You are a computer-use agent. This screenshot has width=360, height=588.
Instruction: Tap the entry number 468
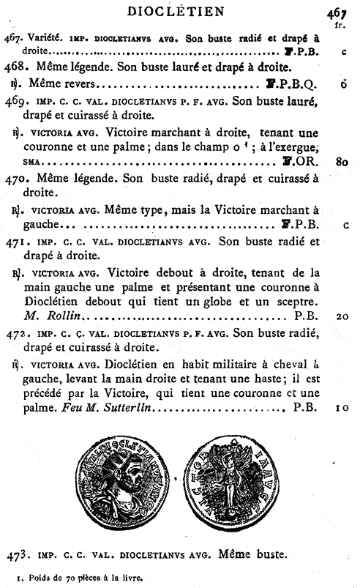pyautogui.click(x=15, y=67)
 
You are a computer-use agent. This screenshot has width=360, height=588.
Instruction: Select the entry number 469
pyautogui.click(x=15, y=102)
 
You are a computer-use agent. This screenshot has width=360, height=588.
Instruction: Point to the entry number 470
pyautogui.click(x=15, y=177)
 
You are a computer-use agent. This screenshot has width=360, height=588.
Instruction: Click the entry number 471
pyautogui.click(x=15, y=241)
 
